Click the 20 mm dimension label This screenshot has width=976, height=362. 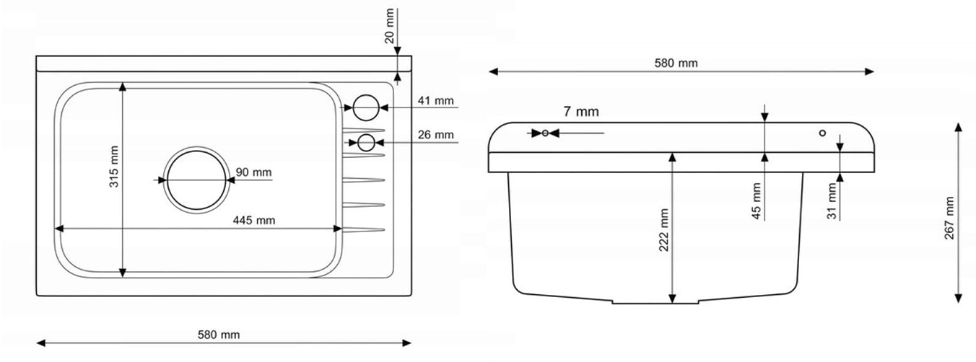pyautogui.click(x=390, y=26)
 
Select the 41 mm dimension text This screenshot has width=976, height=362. pyautogui.click(x=435, y=101)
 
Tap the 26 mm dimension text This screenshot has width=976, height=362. pyautogui.click(x=435, y=134)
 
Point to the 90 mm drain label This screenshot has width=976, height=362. pyautogui.click(x=254, y=172)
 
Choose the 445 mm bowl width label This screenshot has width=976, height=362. pyautogui.click(x=253, y=220)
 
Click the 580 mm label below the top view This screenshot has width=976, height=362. pyautogui.click(x=219, y=335)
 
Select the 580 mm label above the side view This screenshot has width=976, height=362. pyautogui.click(x=676, y=63)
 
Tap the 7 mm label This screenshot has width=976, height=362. pyautogui.click(x=581, y=112)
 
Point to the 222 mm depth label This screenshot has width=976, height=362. pyautogui.click(x=664, y=229)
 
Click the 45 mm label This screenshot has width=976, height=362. pyautogui.click(x=757, y=200)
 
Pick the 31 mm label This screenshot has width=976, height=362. pyautogui.click(x=832, y=201)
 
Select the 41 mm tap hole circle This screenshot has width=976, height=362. pyautogui.click(x=365, y=107)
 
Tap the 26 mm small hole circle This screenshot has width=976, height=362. pyautogui.click(x=367, y=142)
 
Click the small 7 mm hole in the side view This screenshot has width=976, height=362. pyautogui.click(x=545, y=133)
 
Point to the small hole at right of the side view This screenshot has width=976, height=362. pyautogui.click(x=822, y=133)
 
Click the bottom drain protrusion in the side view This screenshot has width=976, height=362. pyautogui.click(x=655, y=301)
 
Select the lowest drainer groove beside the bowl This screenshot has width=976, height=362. pyautogui.click(x=363, y=230)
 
